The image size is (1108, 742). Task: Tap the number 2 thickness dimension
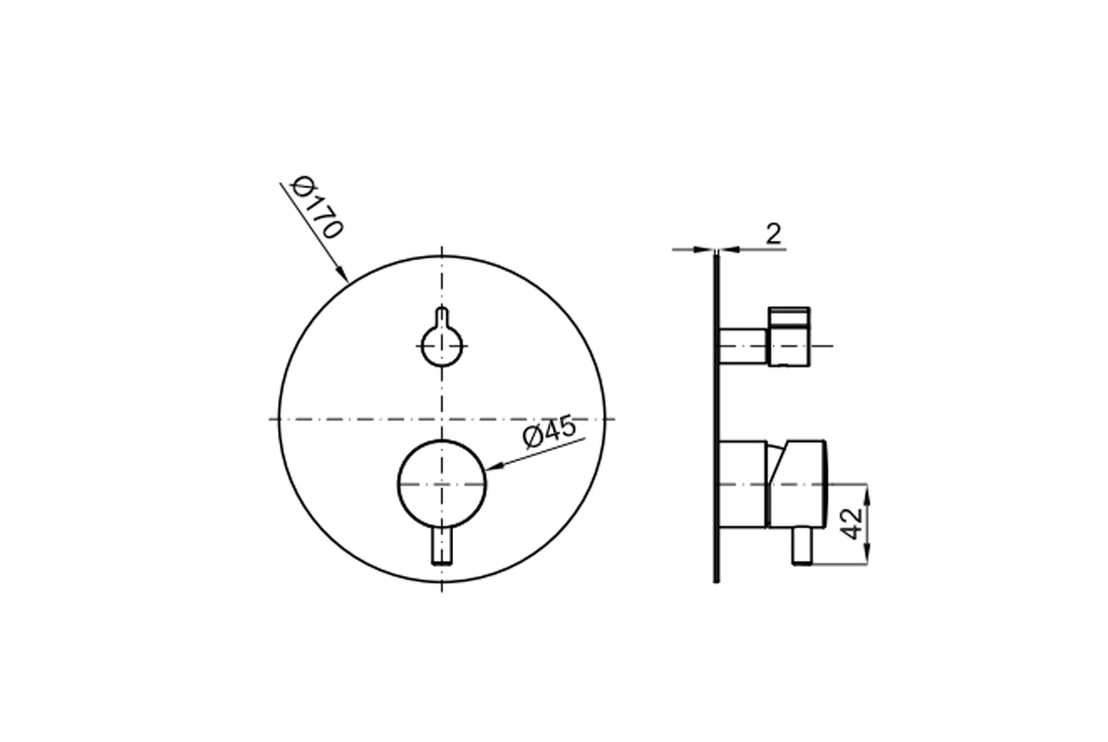(x=774, y=233)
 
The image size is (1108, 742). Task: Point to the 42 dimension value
(x=854, y=523)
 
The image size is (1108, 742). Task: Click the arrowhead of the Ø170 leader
(x=341, y=273)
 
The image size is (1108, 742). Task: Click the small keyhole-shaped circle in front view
(x=441, y=345)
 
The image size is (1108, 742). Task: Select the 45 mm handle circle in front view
(x=441, y=484)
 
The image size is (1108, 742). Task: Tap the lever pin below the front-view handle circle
(x=442, y=545)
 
